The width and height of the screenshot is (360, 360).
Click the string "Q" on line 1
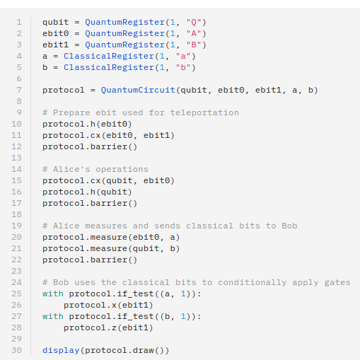pyautogui.click(x=194, y=22)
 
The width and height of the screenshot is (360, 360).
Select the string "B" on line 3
pyautogui.click(x=194, y=45)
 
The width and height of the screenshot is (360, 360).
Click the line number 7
pyautogui.click(x=19, y=90)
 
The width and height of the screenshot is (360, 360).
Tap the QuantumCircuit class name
pyautogui.click(x=138, y=90)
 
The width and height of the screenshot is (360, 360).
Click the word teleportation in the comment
pyautogui.click(x=204, y=112)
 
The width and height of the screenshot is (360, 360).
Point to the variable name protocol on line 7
pyautogui.click(x=64, y=90)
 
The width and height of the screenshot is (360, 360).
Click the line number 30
pyautogui.click(x=16, y=350)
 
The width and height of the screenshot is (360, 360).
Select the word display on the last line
pyautogui.click(x=61, y=350)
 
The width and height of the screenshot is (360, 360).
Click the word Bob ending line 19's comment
pyautogui.click(x=289, y=226)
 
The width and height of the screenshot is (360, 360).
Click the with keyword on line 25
pyautogui.click(x=53, y=294)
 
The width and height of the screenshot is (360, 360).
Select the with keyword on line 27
pyautogui.click(x=53, y=316)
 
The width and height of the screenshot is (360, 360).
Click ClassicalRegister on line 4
pyautogui.click(x=109, y=56)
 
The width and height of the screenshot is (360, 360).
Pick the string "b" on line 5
pyautogui.click(x=183, y=67)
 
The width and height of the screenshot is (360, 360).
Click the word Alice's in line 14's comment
pyautogui.click(x=71, y=169)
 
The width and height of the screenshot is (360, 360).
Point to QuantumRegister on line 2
pyautogui.click(x=124, y=33)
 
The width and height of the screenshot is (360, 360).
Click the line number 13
pyautogui.click(x=16, y=158)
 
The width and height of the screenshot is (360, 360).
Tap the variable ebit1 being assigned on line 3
pyautogui.click(x=55, y=45)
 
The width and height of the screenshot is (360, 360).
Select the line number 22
pyautogui.click(x=16, y=260)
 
